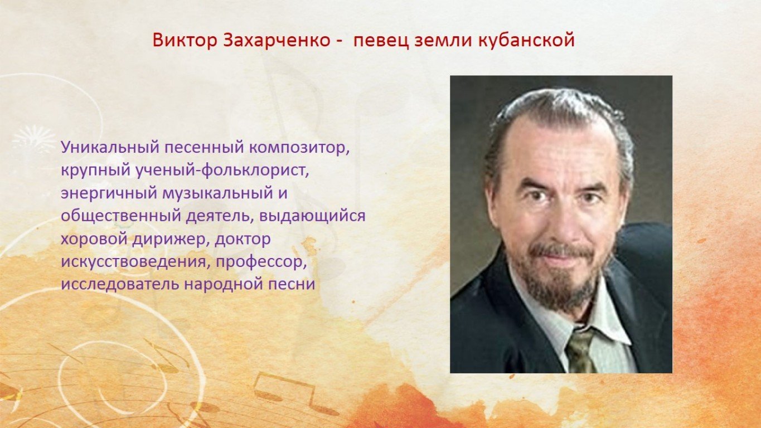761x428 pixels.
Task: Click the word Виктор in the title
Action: tap(185, 40)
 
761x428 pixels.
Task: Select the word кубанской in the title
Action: tap(526, 40)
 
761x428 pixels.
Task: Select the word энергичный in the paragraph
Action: tap(109, 193)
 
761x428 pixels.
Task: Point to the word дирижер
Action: tap(169, 239)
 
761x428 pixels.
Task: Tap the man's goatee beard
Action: tap(560, 279)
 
